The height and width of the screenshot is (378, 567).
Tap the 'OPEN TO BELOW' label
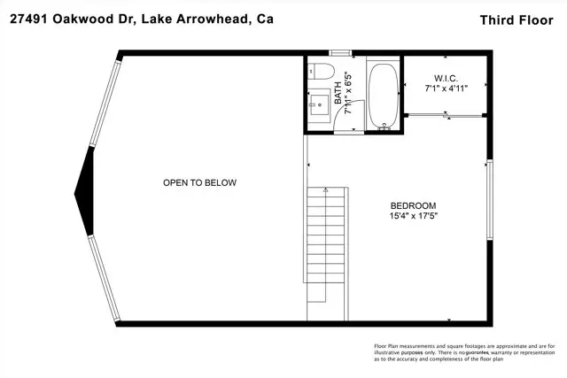tap(199, 183)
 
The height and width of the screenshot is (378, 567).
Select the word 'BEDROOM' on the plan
tap(413, 204)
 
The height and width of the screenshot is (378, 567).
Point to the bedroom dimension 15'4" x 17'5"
tap(413, 215)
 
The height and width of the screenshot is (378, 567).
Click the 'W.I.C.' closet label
tap(447, 77)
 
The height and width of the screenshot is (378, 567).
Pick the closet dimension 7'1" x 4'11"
tap(447, 88)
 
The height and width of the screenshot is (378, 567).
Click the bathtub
tap(384, 95)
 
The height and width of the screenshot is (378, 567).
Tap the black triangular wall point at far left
tap(84, 183)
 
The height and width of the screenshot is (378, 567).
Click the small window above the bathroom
tap(340, 53)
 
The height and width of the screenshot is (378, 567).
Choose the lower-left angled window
tap(104, 270)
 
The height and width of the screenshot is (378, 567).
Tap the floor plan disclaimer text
tap(461, 353)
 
